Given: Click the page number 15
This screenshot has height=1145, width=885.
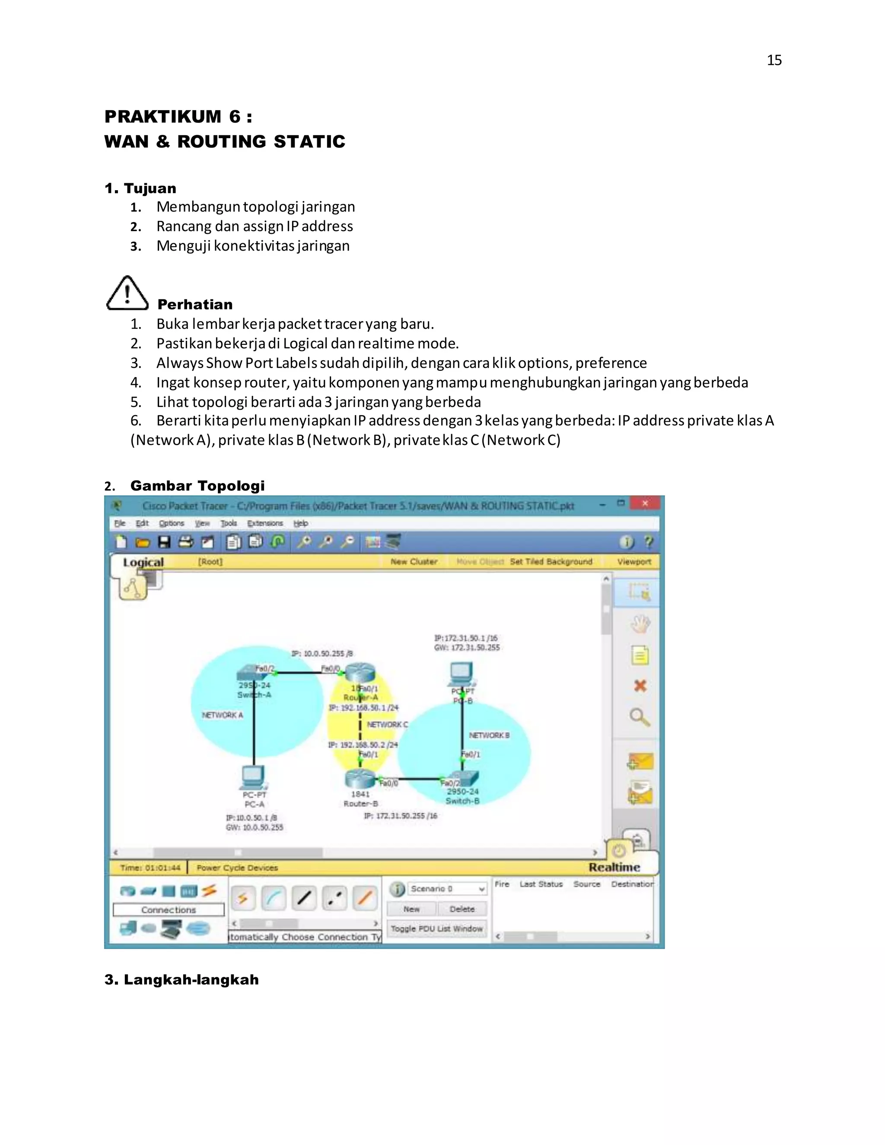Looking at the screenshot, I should coord(774,60).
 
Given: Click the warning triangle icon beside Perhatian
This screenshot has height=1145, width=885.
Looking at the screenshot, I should coord(127,293).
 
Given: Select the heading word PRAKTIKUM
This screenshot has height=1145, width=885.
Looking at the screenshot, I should coord(163,116).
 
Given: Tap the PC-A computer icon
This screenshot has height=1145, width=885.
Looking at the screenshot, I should coord(253,777).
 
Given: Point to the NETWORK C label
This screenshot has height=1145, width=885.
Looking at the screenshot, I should coord(387,725).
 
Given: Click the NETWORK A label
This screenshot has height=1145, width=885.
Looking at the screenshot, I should coord(222,715).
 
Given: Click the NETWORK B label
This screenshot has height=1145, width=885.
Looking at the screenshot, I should coord(489,735).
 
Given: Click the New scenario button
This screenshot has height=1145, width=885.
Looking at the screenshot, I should coord(411,909).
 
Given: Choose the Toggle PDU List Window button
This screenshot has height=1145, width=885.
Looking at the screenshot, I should coord(436,929).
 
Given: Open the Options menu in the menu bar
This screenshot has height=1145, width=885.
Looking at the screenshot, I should coord(172,523).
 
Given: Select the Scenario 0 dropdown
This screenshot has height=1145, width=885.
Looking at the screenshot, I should coord(447,889).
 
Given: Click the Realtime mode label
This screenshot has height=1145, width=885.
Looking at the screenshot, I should coord(614,867).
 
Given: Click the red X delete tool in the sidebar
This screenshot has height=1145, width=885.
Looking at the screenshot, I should coord(640,686).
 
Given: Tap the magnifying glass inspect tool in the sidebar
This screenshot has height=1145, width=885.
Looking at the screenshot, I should coord(640,717).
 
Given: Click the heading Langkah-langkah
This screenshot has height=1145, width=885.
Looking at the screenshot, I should coord(181,980).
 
